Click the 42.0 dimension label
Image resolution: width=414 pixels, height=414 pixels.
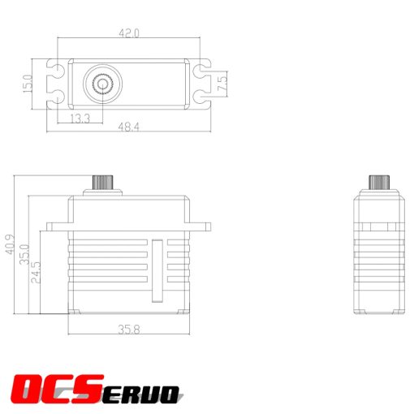click(129, 34)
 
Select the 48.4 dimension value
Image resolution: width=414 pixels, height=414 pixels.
click(129, 127)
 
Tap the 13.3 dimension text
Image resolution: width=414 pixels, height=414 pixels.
click(80, 119)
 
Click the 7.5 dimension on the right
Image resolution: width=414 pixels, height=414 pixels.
click(222, 81)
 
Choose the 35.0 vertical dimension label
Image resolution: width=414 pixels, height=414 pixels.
click(24, 253)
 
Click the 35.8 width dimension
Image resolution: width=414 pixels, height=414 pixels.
click(129, 331)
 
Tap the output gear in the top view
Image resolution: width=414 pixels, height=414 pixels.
click(102, 82)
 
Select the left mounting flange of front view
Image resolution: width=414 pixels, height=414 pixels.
click(58, 226)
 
